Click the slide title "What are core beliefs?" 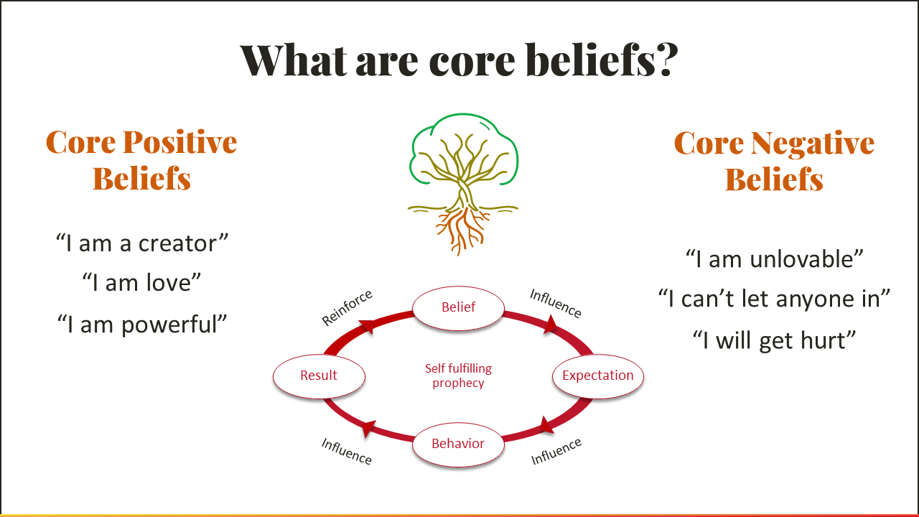click(459, 60)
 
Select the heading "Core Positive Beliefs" click(141, 160)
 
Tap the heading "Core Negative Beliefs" click(774, 161)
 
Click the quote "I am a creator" click(142, 243)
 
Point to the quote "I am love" click(141, 282)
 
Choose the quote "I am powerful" click(142, 324)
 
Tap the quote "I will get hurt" click(774, 340)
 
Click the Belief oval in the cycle click(458, 307)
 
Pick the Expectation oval click(597, 376)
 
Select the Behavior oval click(458, 444)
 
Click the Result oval click(319, 376)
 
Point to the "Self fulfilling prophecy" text click(458, 376)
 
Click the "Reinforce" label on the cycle click(347, 307)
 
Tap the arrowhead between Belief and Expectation click(550, 327)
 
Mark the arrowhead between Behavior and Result click(368, 429)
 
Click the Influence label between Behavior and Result click(347, 451)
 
